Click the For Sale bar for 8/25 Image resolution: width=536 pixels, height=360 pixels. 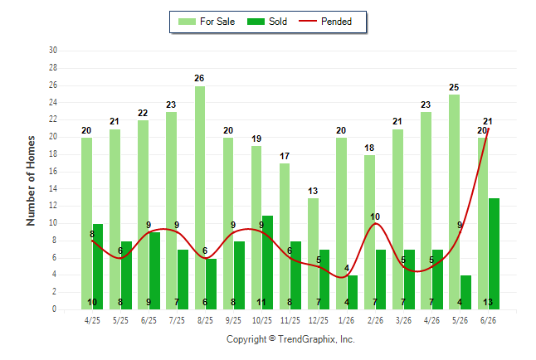[x=200, y=197]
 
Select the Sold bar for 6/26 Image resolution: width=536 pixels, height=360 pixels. [x=494, y=254]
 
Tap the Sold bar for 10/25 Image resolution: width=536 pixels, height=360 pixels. [x=267, y=263]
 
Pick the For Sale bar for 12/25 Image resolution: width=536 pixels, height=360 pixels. [x=313, y=254]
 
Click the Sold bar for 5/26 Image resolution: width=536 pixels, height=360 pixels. [x=465, y=292]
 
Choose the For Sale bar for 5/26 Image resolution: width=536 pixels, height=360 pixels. [x=455, y=202]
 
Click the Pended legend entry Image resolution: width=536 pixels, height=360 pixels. [x=325, y=22]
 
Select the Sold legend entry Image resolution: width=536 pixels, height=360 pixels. [x=267, y=22]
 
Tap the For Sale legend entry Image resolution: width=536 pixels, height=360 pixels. [x=207, y=22]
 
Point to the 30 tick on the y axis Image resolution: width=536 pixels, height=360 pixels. [x=53, y=51]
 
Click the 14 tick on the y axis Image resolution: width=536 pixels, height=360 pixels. [x=53, y=188]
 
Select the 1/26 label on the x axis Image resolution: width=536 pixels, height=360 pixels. [x=347, y=320]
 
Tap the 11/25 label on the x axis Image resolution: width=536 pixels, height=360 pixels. [x=290, y=320]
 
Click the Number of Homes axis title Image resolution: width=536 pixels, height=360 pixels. [x=31, y=181]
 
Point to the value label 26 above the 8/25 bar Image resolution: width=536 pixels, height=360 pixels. [x=199, y=78]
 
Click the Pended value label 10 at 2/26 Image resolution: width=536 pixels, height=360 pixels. [x=375, y=216]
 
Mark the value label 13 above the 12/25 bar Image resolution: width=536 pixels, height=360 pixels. [x=313, y=191]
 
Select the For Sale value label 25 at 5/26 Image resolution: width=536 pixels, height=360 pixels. [x=454, y=87]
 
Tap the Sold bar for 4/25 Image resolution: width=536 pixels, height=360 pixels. [x=98, y=266]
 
